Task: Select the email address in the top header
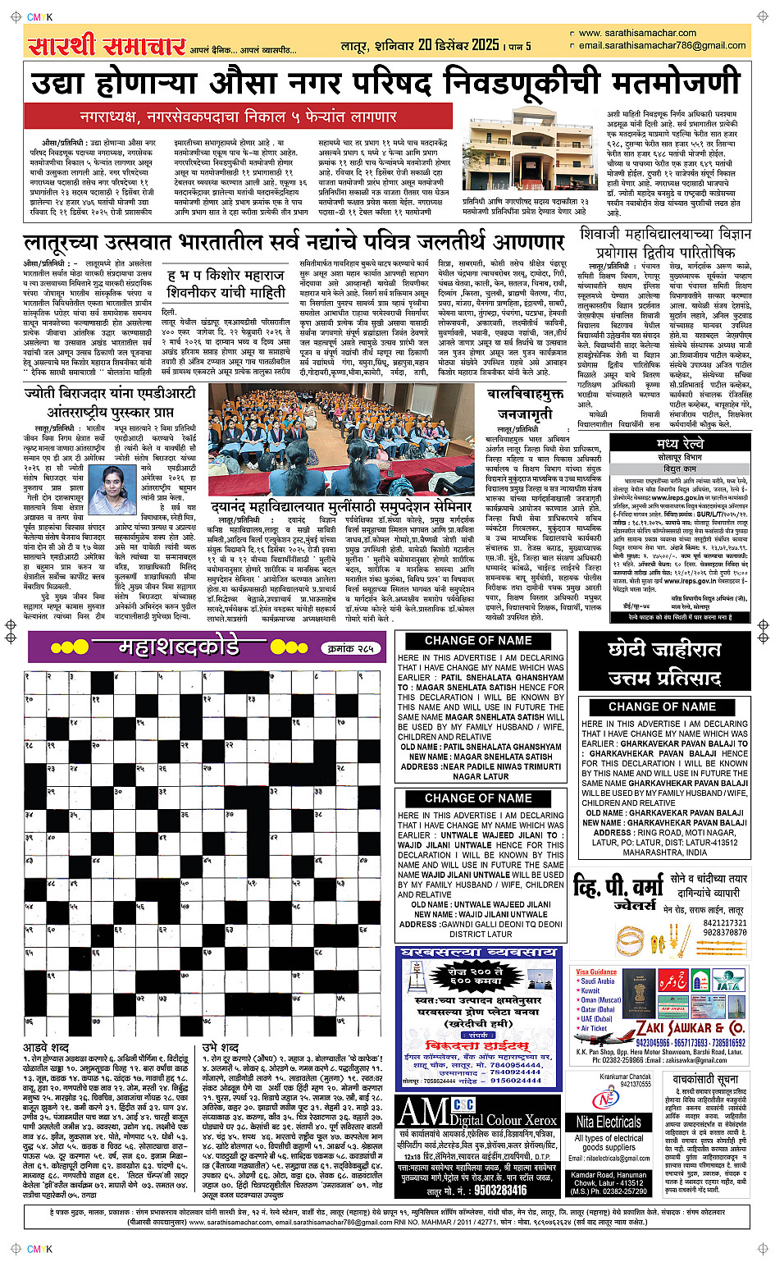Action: (662, 45)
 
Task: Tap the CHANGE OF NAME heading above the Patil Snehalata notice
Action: (478, 640)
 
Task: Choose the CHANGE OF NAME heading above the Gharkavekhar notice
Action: (662, 706)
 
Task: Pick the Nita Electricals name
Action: (608, 1122)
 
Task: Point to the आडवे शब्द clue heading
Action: (46, 1048)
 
